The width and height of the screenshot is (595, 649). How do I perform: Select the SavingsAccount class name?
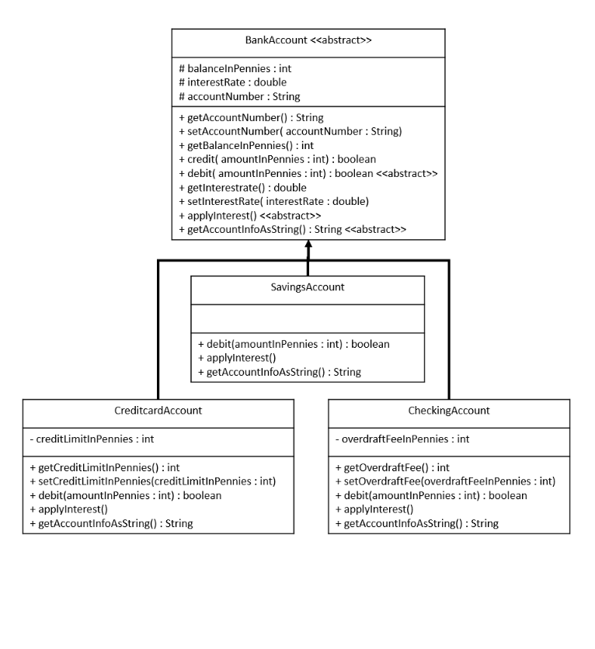coord(308,286)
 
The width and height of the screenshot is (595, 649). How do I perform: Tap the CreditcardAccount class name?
coord(158,410)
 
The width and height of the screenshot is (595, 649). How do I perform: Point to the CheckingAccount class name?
coord(449,410)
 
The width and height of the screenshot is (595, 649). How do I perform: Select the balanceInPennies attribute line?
coord(235,68)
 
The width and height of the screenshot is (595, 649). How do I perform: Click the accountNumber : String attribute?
coord(239,96)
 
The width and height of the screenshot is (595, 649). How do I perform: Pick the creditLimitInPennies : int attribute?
coord(92,439)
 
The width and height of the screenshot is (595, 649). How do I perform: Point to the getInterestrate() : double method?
coord(242,187)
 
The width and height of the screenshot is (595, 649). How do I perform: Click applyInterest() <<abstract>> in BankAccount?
coord(249,215)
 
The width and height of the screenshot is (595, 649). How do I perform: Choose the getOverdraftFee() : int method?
coord(392,467)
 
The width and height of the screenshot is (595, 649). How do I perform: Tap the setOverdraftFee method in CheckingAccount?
coord(445,481)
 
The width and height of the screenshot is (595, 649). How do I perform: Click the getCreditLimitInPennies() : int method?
coord(104,467)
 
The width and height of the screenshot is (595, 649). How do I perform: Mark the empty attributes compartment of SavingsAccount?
coord(308,318)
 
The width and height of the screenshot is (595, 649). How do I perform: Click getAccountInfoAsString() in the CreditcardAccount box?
coord(111,523)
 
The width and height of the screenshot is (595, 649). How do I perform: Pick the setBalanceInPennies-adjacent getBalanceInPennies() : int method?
coord(246,145)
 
